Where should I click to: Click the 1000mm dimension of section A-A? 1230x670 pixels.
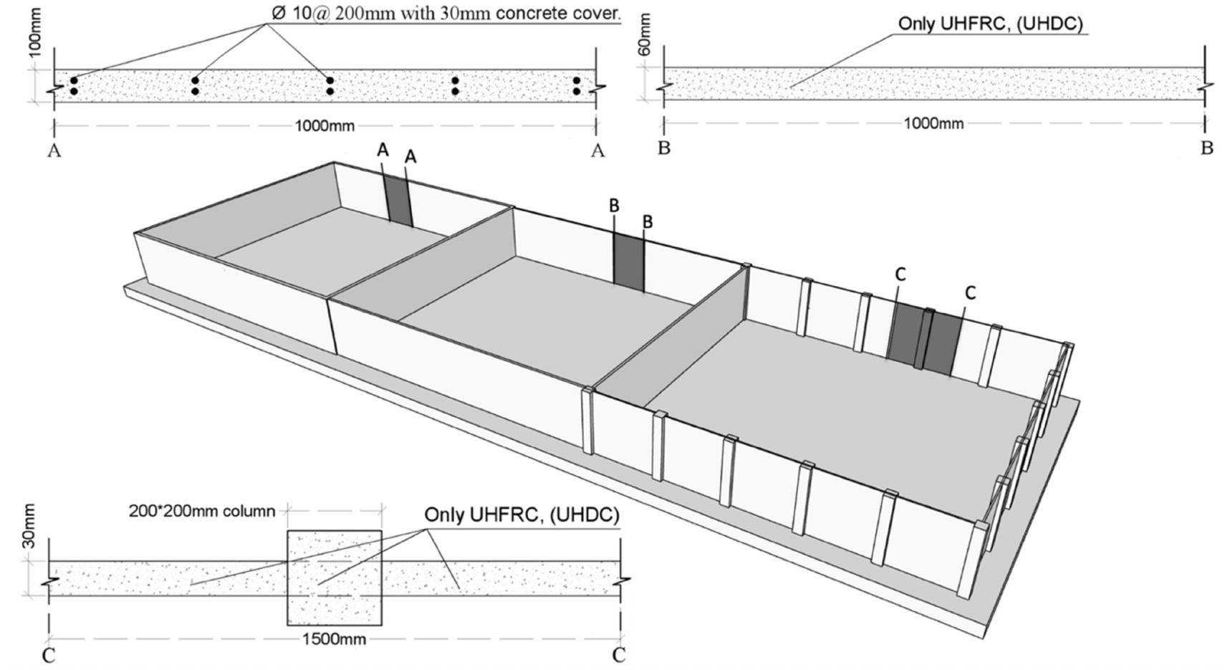coord(325,126)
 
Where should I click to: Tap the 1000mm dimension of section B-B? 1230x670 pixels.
coord(933,123)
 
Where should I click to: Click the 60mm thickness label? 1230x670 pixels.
coord(645,34)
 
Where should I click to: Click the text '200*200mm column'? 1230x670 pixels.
coord(202,512)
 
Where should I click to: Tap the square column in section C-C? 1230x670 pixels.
coord(335,578)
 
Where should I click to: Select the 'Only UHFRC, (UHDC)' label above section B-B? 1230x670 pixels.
coord(990,24)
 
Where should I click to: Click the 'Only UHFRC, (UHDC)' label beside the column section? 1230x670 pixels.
coord(522,515)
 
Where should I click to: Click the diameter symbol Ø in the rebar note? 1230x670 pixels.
coord(279,14)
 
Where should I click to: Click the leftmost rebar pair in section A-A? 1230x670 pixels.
coord(73,86)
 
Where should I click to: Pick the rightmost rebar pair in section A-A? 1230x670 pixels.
coord(577,86)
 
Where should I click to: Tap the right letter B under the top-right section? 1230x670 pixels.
coord(1206,148)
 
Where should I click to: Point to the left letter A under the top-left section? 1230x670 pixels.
coord(54,150)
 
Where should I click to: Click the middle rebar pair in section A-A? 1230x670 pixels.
coord(330,86)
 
